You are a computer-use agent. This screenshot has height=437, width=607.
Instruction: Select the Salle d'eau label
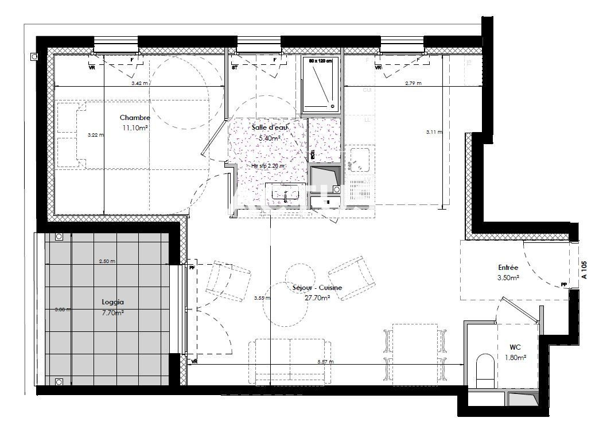[266, 127]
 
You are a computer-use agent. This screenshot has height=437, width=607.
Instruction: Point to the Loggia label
[113, 302]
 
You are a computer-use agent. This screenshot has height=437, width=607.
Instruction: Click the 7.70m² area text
[113, 312]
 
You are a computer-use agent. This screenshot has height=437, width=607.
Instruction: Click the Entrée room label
[508, 268]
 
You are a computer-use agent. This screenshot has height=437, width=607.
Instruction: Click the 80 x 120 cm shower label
[321, 60]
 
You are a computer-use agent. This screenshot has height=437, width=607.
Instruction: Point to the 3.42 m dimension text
[139, 83]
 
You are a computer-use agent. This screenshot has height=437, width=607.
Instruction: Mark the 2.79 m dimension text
[413, 83]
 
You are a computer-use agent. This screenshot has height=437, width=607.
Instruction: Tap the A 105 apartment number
[585, 270]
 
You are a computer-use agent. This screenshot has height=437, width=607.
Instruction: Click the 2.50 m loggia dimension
[107, 261]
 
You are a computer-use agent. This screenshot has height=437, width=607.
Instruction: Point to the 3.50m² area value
[508, 278]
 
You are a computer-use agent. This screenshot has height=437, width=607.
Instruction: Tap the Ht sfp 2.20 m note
[267, 166]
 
